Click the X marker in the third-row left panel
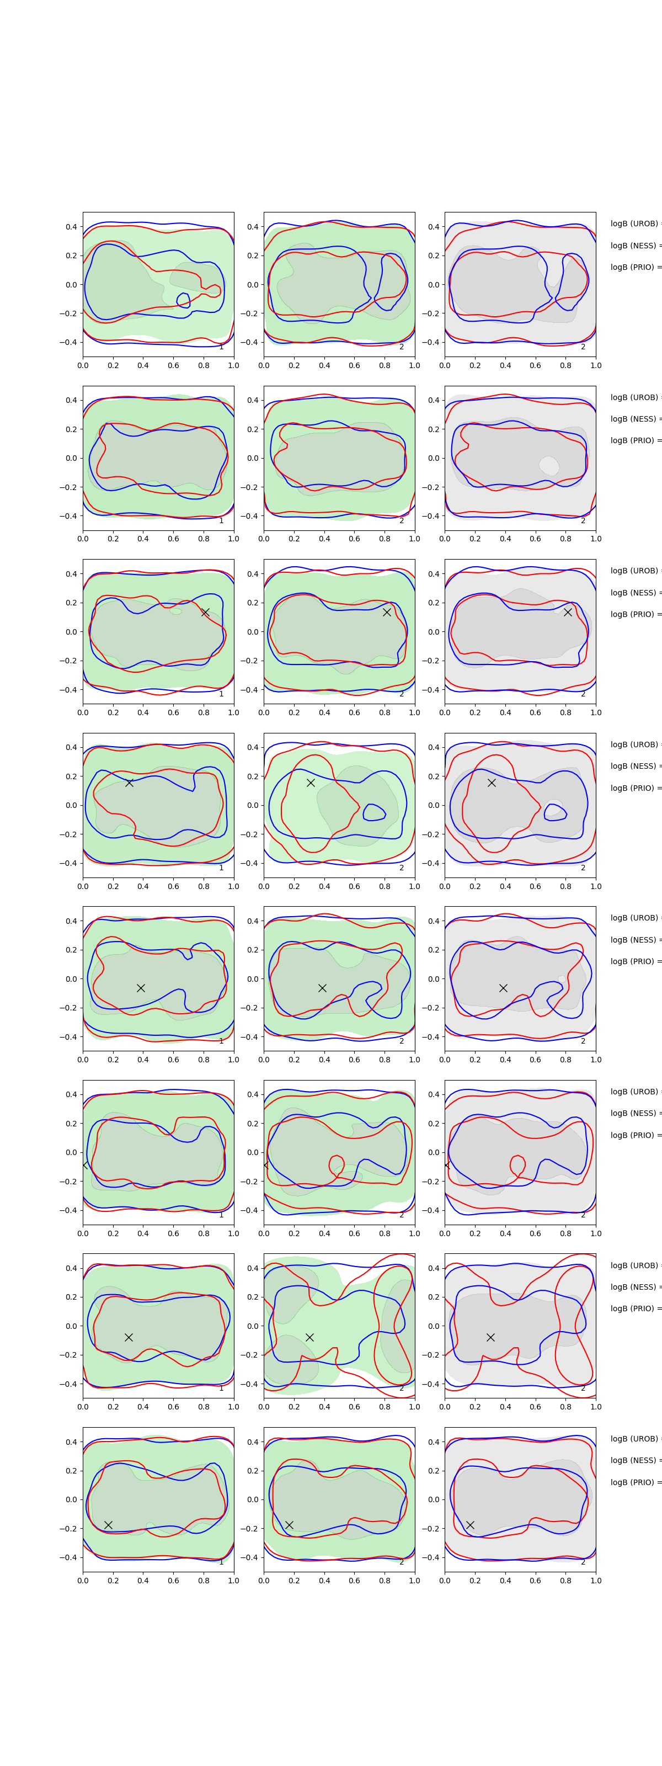point(205,612)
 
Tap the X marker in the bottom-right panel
point(470,1525)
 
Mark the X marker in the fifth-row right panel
point(503,988)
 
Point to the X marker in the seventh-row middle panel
point(309,1337)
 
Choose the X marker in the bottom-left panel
point(108,1525)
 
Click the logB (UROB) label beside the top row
point(634,224)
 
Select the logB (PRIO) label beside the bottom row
point(634,1482)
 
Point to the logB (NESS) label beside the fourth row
point(634,766)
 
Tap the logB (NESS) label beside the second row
point(634,419)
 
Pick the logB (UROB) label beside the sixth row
point(634,1092)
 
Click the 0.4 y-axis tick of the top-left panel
point(71,227)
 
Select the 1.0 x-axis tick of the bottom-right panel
point(596,1580)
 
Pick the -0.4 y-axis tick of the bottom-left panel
point(69,1557)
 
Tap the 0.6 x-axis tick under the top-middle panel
point(354,365)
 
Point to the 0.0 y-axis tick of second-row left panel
point(71,458)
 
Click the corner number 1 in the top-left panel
point(221,347)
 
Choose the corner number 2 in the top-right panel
point(583,347)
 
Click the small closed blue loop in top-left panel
point(183,300)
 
